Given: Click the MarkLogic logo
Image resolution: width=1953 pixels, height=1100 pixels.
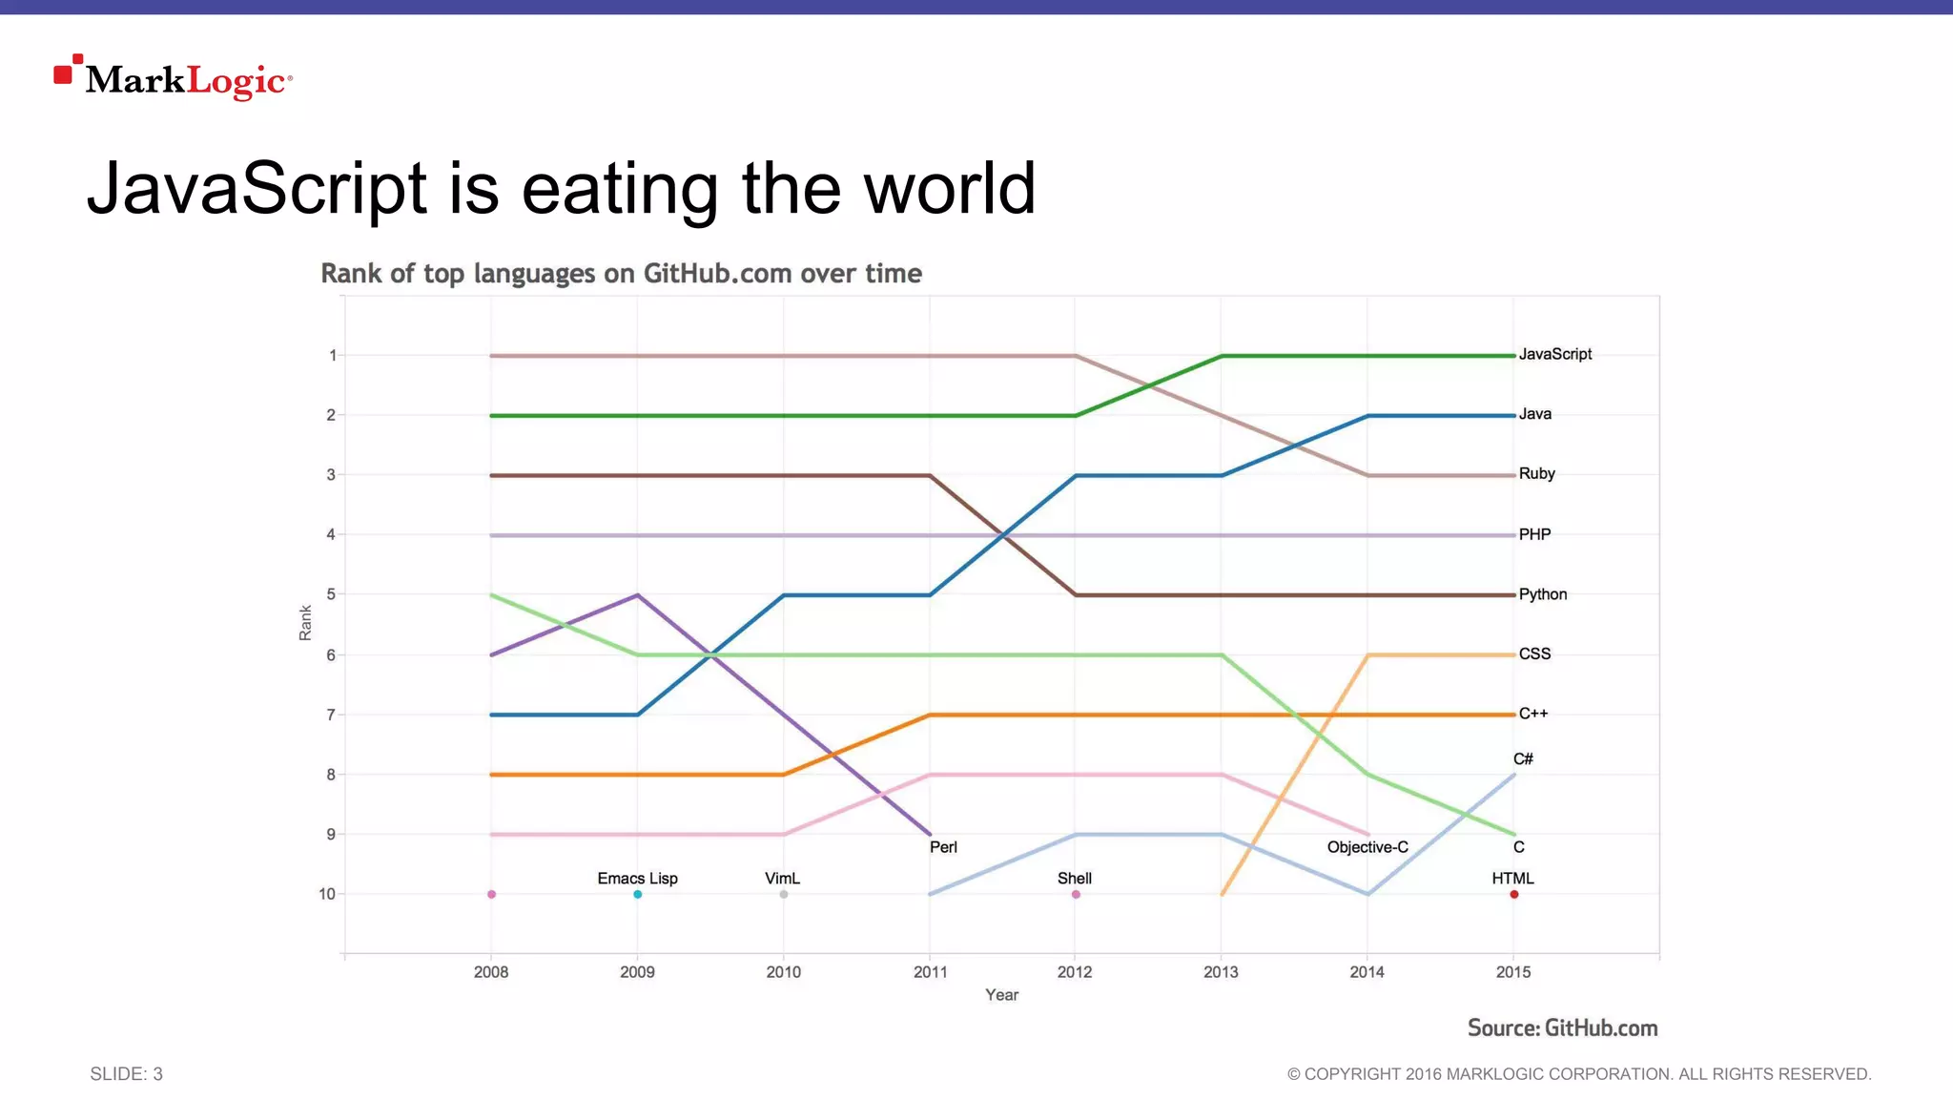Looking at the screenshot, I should click(x=174, y=78).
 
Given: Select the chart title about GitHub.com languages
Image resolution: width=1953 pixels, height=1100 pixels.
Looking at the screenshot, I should click(x=621, y=274).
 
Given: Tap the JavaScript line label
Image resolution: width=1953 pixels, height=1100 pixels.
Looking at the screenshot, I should click(x=1554, y=354).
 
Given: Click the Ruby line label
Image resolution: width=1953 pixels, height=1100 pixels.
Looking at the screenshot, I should click(x=1536, y=473).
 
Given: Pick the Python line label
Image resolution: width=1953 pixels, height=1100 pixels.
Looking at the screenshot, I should click(x=1542, y=593).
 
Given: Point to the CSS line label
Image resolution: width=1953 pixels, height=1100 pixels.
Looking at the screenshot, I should click(x=1534, y=654).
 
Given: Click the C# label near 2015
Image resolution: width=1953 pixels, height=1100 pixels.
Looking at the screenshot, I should click(x=1523, y=758).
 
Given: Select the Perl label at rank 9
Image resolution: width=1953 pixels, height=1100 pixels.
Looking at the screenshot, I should click(x=943, y=847).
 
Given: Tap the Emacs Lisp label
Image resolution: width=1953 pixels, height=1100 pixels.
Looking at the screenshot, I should click(x=637, y=878).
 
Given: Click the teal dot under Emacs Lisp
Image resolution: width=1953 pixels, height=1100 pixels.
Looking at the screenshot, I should click(x=637, y=894).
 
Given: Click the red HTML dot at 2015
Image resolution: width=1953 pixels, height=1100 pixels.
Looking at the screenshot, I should click(x=1513, y=894).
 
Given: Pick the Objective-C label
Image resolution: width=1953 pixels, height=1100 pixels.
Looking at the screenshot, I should click(x=1367, y=847).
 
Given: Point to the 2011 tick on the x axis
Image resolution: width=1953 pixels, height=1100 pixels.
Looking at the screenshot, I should click(x=930, y=972).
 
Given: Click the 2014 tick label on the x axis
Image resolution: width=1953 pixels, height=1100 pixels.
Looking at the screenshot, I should click(x=1367, y=972).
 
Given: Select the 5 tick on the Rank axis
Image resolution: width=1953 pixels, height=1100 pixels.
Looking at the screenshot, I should click(x=331, y=593).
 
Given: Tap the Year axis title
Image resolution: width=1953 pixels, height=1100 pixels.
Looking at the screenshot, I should click(x=1001, y=995).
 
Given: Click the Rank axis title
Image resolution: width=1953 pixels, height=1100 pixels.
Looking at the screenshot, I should click(x=305, y=623).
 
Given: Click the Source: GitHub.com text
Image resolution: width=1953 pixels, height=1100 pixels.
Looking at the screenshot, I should click(x=1562, y=1028).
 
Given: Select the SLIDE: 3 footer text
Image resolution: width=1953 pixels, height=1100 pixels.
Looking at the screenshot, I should click(x=126, y=1074).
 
